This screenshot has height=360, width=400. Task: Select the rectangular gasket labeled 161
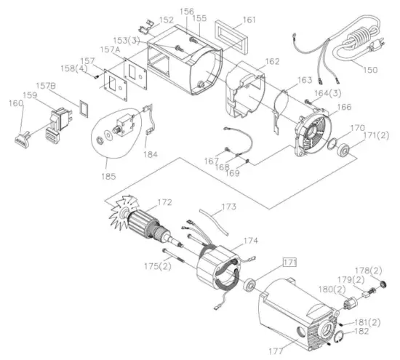click(x=231, y=35)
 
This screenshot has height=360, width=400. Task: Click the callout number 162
click(x=271, y=62)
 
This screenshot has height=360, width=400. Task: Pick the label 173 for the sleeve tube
click(x=229, y=207)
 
